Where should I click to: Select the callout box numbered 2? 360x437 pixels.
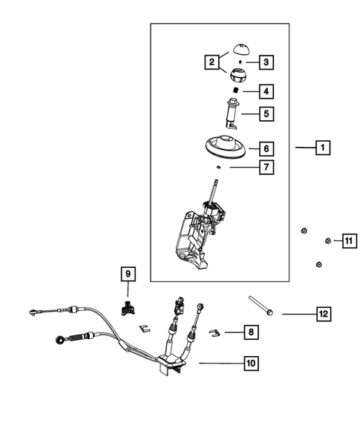pyautogui.click(x=212, y=62)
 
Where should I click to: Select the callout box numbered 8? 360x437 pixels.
pyautogui.click(x=252, y=333)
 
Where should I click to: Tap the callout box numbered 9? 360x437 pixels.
pyautogui.click(x=128, y=275)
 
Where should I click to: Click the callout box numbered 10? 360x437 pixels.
pyautogui.click(x=252, y=364)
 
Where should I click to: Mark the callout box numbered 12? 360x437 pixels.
pyautogui.click(x=321, y=315)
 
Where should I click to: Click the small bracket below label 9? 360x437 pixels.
pyautogui.click(x=128, y=307)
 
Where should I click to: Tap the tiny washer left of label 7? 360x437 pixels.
pyautogui.click(x=220, y=168)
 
